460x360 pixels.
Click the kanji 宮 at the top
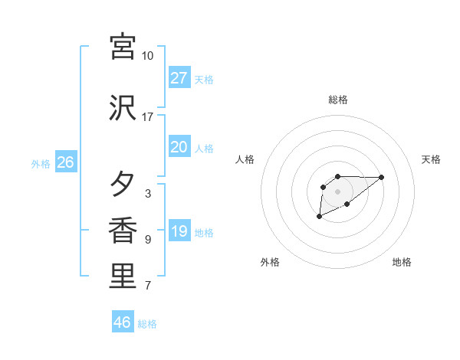coord(123,47)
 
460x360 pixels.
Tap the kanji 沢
coord(123,108)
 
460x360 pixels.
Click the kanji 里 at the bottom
coord(123,277)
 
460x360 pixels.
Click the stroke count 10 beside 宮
coord(148,56)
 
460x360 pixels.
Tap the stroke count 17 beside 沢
coord(148,117)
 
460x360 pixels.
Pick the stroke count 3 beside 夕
coord(148,194)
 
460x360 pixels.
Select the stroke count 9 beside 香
coord(148,240)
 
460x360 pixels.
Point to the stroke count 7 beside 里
coord(148,286)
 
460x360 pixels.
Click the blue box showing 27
coord(179,77)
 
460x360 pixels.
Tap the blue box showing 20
coord(179,147)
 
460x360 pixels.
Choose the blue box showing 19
coord(179,231)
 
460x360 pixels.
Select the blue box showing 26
coord(65,162)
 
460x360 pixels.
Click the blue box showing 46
coord(123,322)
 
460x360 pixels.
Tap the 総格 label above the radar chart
coord(338,100)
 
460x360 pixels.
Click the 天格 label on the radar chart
coord(431,159)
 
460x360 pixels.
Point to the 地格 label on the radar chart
coord(402,262)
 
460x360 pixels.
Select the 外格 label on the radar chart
coord(270,262)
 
